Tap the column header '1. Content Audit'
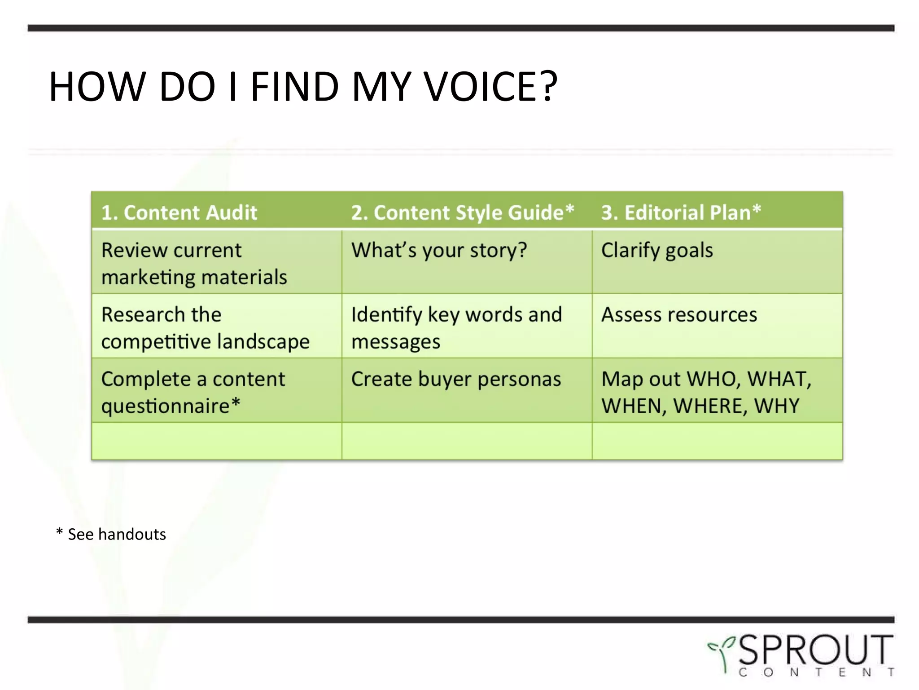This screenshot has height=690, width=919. pyautogui.click(x=179, y=212)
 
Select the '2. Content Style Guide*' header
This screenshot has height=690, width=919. pyautogui.click(x=462, y=212)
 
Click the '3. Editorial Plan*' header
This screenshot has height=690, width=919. pyautogui.click(x=681, y=212)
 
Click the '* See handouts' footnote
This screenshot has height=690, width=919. pyautogui.click(x=111, y=534)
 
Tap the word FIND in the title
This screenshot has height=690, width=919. pyautogui.click(x=294, y=86)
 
